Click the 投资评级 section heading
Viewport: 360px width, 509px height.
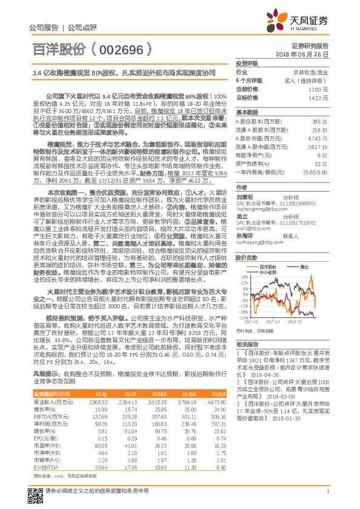point(247,63)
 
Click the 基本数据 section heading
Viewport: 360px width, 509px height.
point(247,112)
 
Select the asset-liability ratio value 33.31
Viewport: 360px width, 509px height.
point(321,163)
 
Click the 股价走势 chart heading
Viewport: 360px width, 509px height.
point(247,240)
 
